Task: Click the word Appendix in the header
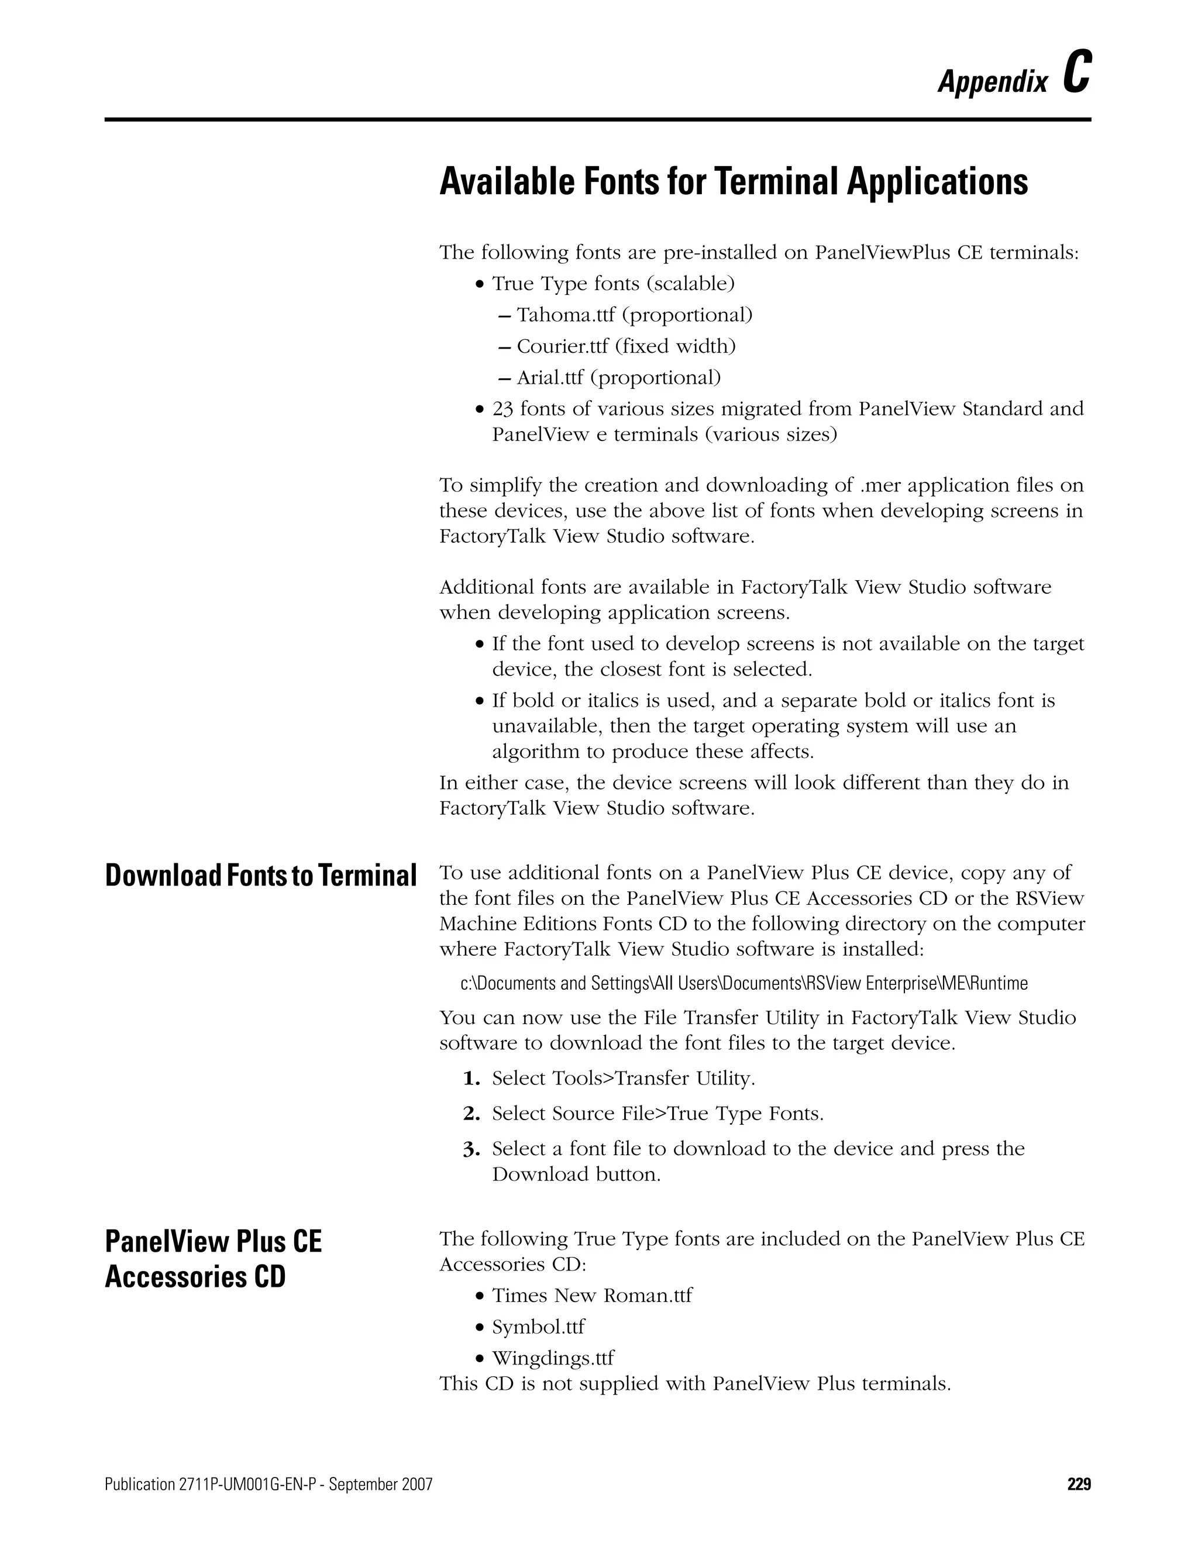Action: pyautogui.click(x=992, y=82)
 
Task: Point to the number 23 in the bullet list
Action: pyautogui.click(x=502, y=409)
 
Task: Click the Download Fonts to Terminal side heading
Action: pyautogui.click(x=260, y=876)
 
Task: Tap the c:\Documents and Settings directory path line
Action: pyautogui.click(x=744, y=984)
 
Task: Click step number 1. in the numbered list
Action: pyautogui.click(x=471, y=1079)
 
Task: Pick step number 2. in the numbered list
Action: pyautogui.click(x=471, y=1114)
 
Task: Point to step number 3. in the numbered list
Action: pyautogui.click(x=471, y=1149)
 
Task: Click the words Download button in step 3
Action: pyautogui.click(x=576, y=1174)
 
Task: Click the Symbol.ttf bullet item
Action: pyautogui.click(x=538, y=1327)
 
